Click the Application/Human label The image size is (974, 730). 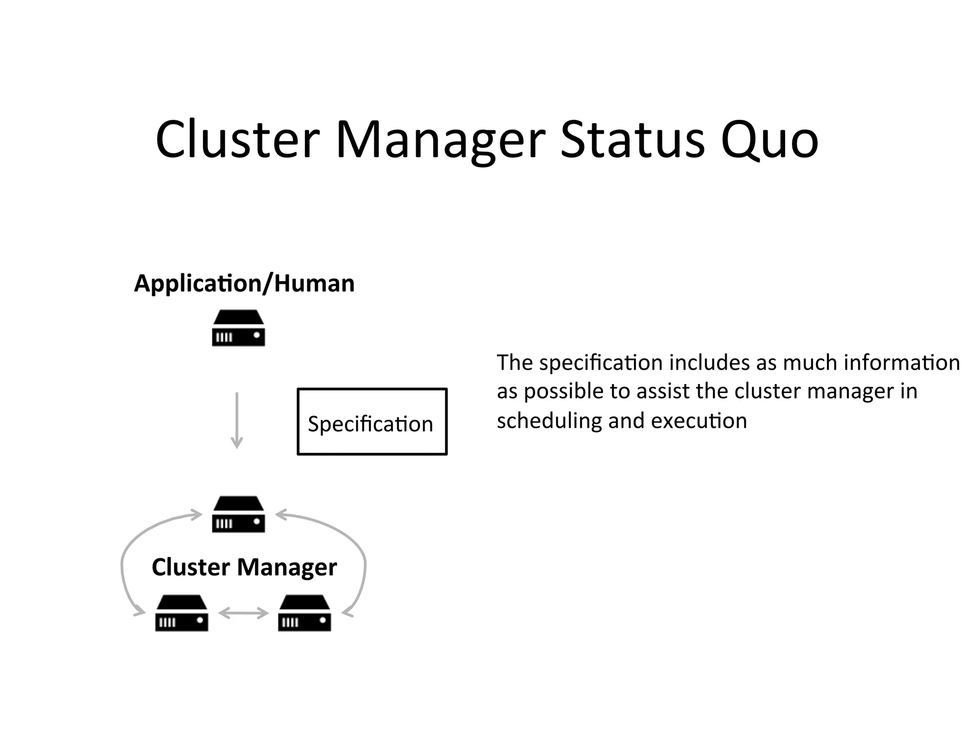pos(244,284)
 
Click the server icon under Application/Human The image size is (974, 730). pos(238,328)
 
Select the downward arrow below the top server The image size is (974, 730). pos(237,420)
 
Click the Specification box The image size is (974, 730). pos(372,422)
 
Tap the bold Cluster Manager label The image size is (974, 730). pos(244,567)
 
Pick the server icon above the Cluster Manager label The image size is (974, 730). pos(238,514)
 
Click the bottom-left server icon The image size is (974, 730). pos(182,613)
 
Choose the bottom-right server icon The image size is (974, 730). pos(304,613)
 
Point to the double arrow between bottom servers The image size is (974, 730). pos(243,614)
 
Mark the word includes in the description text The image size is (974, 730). pos(709,363)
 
